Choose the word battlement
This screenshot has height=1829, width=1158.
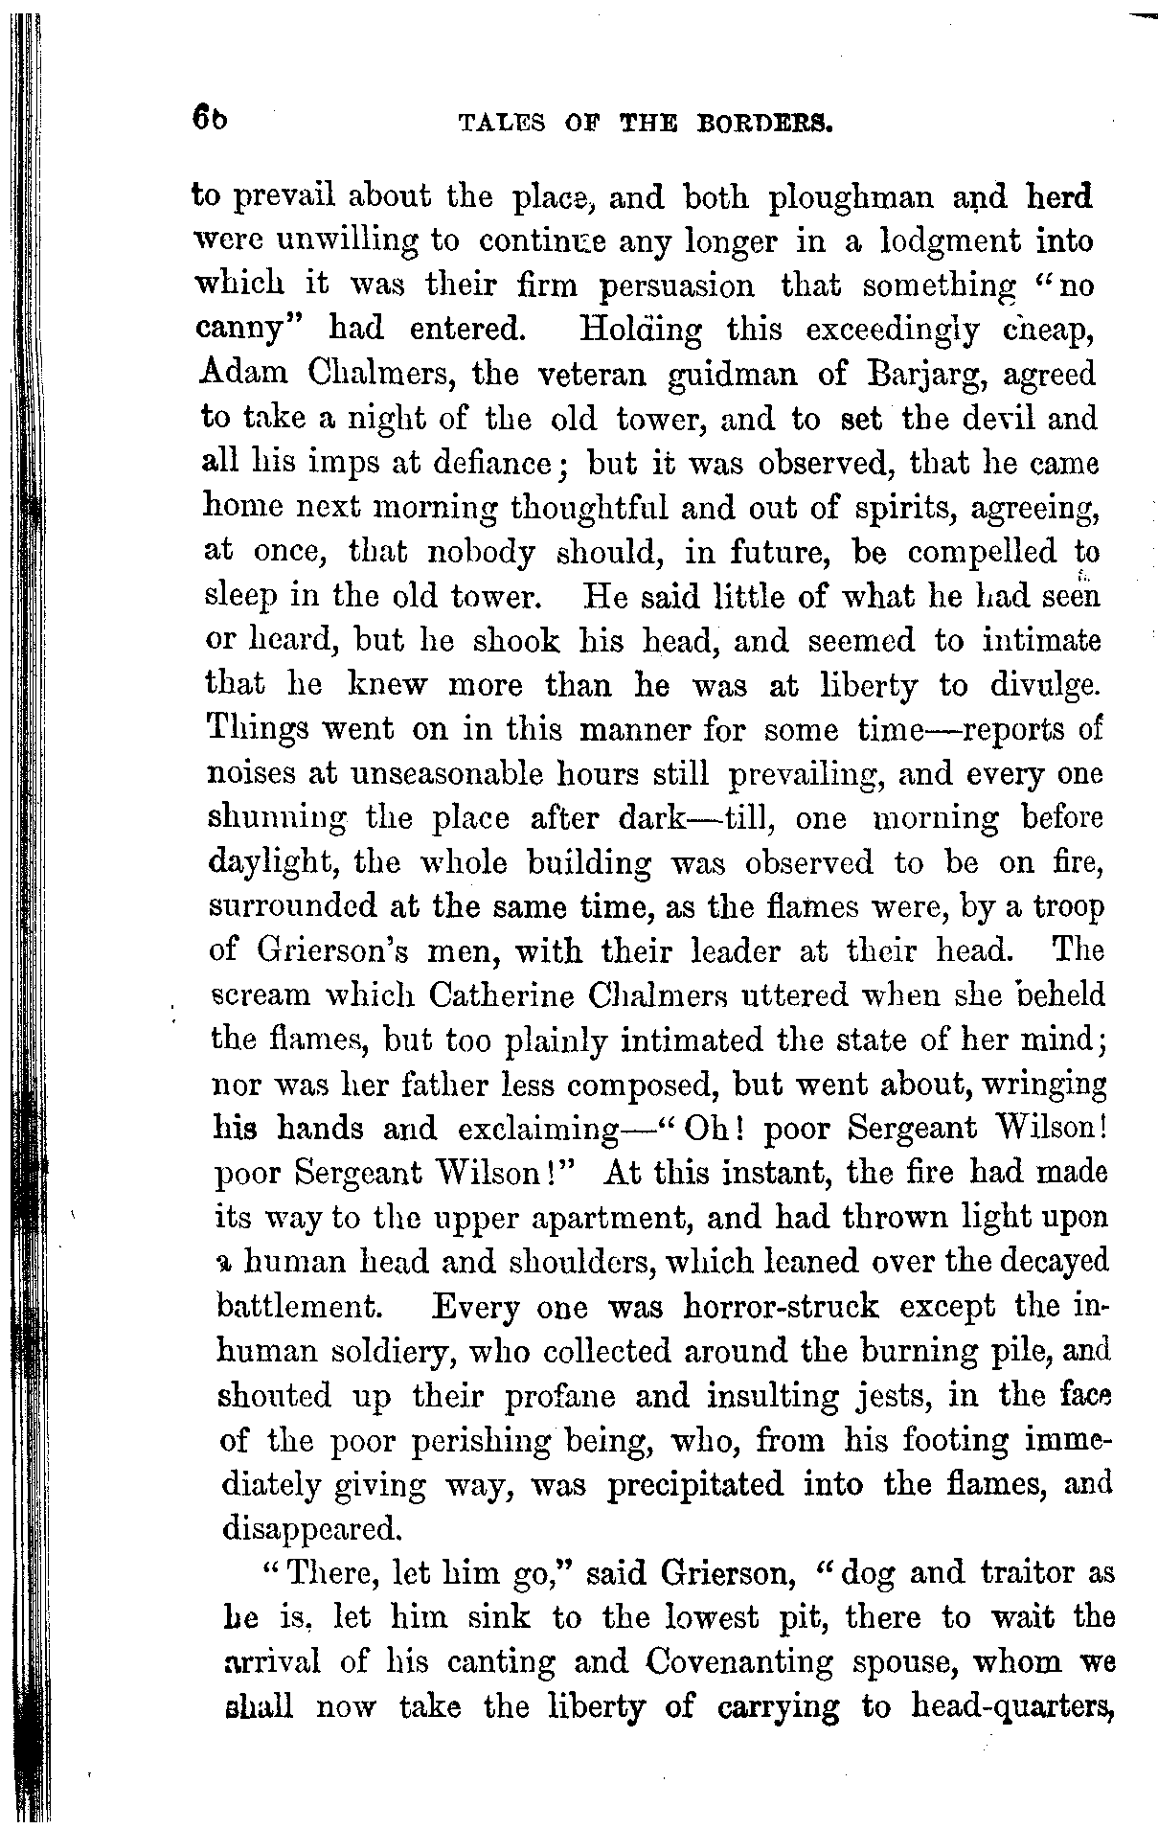pos(302,1307)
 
